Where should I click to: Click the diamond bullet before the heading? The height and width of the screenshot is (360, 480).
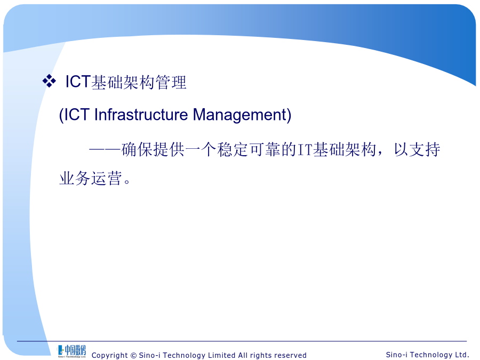(49, 81)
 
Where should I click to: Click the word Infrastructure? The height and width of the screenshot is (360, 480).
(141, 115)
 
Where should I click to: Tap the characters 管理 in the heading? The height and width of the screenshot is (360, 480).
(171, 82)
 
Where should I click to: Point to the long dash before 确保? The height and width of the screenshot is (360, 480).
(105, 150)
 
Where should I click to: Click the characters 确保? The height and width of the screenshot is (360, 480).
(137, 150)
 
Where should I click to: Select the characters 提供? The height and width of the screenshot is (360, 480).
(169, 150)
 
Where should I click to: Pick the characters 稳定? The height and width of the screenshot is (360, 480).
(233, 150)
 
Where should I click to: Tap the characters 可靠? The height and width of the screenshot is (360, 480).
(265, 150)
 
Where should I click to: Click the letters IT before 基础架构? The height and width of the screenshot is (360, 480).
(305, 150)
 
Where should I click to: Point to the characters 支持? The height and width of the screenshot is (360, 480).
(425, 150)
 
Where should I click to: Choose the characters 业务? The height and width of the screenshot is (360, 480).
(75, 178)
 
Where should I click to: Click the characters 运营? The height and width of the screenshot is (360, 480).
(107, 178)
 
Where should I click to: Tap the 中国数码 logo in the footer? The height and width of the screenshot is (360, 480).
(71, 351)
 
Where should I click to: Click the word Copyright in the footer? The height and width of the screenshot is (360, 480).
(109, 355)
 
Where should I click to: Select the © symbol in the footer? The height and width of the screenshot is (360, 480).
(133, 355)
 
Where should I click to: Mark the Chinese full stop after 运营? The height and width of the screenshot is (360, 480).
(127, 182)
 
